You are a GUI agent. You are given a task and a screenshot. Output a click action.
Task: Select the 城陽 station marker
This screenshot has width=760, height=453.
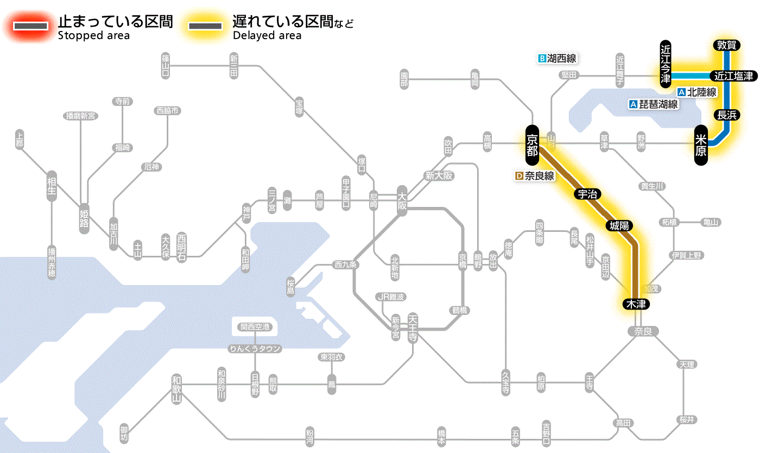coord(619,225)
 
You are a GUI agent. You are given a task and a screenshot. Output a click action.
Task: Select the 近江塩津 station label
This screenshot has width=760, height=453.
coord(733,76)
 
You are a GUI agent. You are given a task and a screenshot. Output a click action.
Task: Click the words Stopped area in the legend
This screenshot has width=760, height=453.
coord(94,36)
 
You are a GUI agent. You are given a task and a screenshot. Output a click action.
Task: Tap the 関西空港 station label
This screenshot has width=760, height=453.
coord(255,327)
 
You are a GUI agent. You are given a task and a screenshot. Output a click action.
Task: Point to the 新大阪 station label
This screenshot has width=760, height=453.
coord(439,175)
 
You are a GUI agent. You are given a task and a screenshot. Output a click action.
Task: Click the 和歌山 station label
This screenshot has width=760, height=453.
coord(176,389)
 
